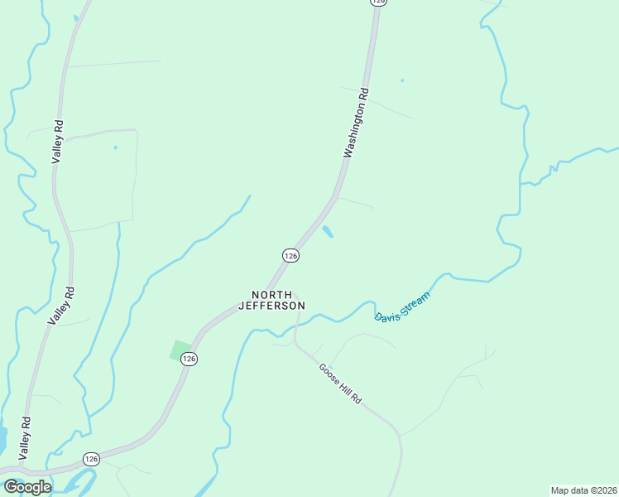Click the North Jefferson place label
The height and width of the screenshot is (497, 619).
click(271, 300)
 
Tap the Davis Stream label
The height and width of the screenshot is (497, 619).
click(403, 306)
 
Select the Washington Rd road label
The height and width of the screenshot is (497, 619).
click(356, 123)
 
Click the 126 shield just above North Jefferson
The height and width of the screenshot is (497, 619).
click(290, 257)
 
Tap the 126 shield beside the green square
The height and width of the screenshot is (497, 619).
click(190, 359)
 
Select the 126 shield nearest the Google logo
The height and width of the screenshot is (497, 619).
click(91, 458)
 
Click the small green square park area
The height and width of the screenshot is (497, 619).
click(180, 350)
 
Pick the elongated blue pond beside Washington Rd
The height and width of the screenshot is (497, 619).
click(328, 232)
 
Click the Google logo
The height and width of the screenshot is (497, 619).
click(27, 487)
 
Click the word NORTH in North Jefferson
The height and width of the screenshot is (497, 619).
click(271, 295)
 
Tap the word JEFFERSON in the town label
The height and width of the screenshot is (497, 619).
click(271, 306)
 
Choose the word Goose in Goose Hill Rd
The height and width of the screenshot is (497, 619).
click(327, 370)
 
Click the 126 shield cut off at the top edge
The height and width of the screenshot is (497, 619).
click(378, 2)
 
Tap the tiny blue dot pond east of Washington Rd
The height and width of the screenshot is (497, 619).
click(402, 80)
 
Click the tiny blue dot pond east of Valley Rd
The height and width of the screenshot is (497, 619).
click(115, 147)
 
